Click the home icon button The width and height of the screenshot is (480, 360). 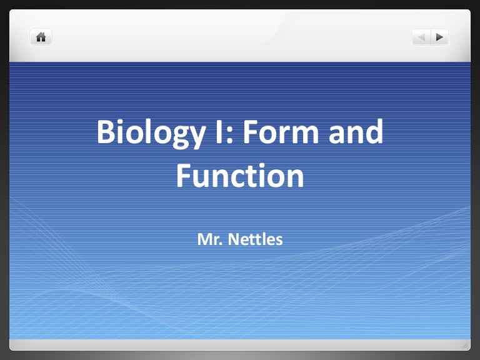click(x=41, y=37)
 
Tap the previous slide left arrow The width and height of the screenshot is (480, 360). click(x=421, y=37)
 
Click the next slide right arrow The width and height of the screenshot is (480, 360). click(x=440, y=37)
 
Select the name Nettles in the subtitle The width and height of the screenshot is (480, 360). click(x=256, y=239)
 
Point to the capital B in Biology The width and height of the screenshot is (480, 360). click(x=105, y=132)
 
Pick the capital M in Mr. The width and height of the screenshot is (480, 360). click(x=204, y=239)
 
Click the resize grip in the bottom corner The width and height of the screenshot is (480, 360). click(x=466, y=344)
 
